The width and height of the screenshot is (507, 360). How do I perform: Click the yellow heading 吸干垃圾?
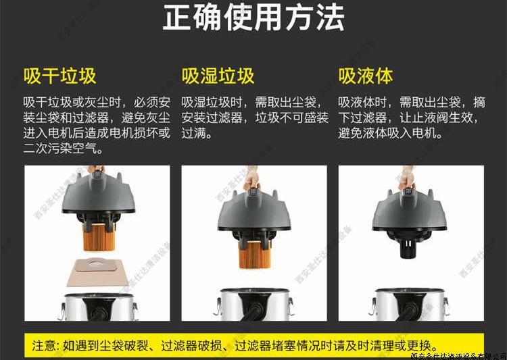(59, 76)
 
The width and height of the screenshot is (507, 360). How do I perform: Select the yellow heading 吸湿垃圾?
(218, 76)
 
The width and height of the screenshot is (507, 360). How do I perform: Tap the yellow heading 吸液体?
(365, 76)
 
